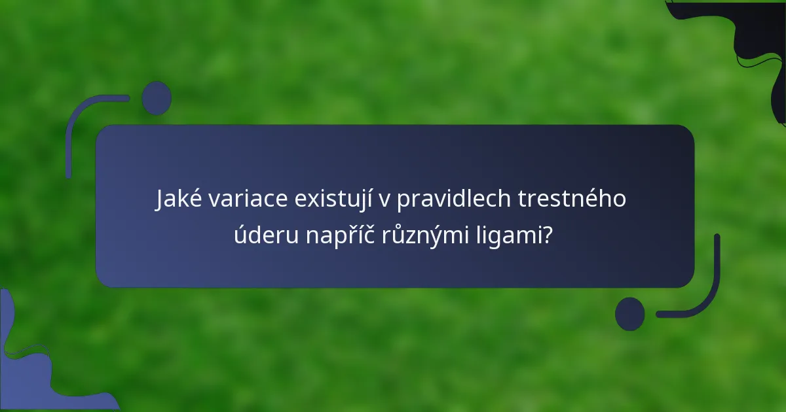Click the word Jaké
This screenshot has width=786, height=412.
[x=179, y=199]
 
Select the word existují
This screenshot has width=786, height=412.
[x=331, y=199]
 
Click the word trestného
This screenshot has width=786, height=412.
[x=572, y=199]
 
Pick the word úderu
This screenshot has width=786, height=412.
[x=265, y=235]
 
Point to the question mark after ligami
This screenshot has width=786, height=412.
[x=546, y=235]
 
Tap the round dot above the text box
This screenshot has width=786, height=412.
[x=157, y=98]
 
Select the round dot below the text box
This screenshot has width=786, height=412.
[x=630, y=313]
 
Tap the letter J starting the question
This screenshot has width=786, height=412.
[x=161, y=199]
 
